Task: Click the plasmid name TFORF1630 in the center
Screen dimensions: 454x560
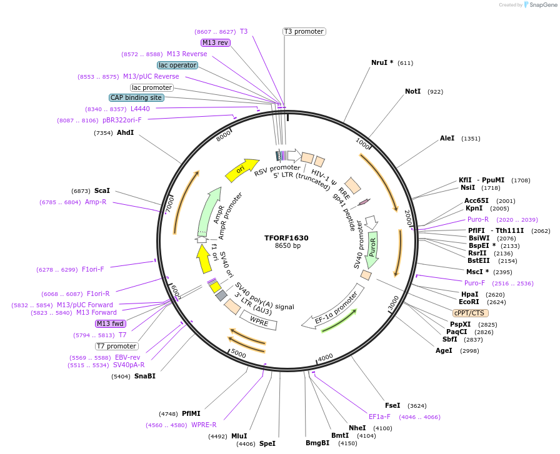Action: [x=286, y=238]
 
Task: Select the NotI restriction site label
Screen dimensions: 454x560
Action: [x=412, y=91]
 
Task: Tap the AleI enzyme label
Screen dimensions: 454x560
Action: [x=447, y=138]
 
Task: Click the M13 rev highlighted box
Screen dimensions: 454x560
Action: [x=216, y=42]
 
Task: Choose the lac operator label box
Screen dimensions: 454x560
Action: [x=177, y=65]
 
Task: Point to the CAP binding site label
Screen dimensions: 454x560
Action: [x=136, y=97]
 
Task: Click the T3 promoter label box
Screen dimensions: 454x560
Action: [x=304, y=31]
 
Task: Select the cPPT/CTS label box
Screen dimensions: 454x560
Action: [x=471, y=313]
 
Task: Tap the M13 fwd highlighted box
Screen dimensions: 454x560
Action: [x=110, y=323]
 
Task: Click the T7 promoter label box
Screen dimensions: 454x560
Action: [x=117, y=346]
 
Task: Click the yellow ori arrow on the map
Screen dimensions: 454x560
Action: [x=241, y=169]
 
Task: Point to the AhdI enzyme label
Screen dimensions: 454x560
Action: [x=125, y=132]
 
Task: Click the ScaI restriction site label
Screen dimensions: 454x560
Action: [x=102, y=190]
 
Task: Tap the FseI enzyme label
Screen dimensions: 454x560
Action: [x=392, y=405]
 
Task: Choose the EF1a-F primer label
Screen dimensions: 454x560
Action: [x=379, y=417]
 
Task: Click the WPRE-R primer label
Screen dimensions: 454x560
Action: [x=204, y=425]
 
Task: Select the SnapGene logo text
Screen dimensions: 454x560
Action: [x=541, y=4]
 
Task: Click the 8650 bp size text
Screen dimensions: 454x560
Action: [x=287, y=246]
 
